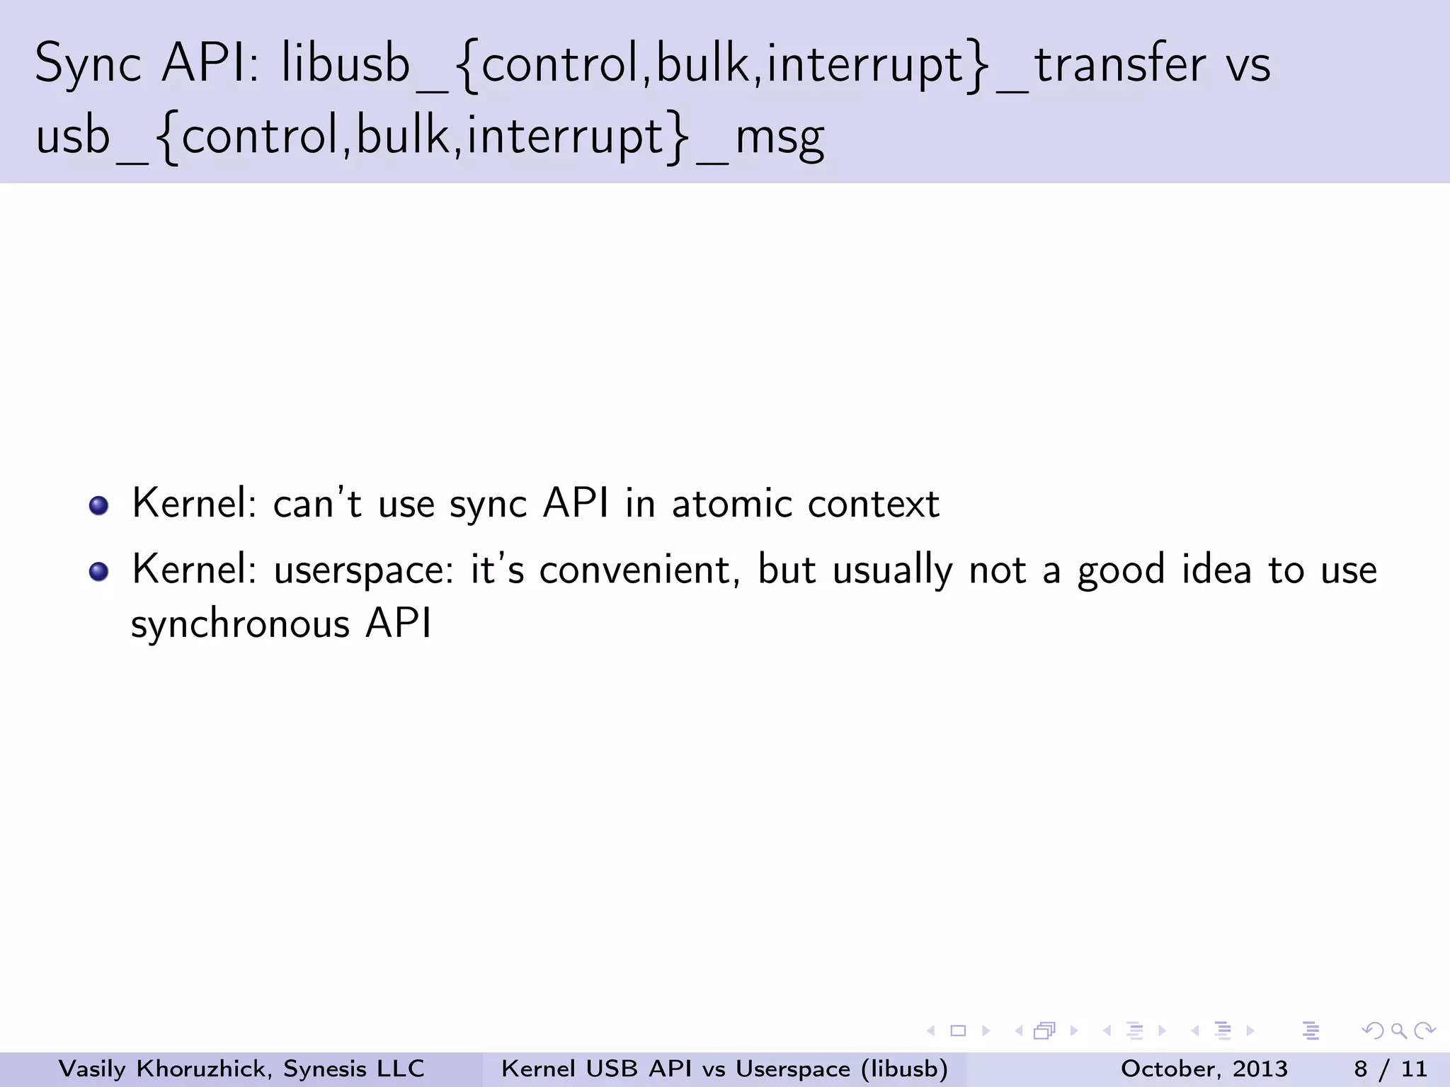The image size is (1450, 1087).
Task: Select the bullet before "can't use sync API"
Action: (x=99, y=505)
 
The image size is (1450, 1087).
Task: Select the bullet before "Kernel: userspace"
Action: (x=99, y=571)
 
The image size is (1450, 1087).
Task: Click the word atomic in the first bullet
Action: (x=731, y=505)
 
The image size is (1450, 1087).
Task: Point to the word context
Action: (x=873, y=505)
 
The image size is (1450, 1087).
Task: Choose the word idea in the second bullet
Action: (x=1216, y=570)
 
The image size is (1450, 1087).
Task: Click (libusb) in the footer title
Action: (x=904, y=1069)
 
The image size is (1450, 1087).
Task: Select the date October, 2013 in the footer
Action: (x=1204, y=1069)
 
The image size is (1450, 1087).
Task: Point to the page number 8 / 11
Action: (x=1390, y=1069)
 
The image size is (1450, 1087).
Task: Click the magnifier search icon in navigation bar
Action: (x=1398, y=1031)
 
